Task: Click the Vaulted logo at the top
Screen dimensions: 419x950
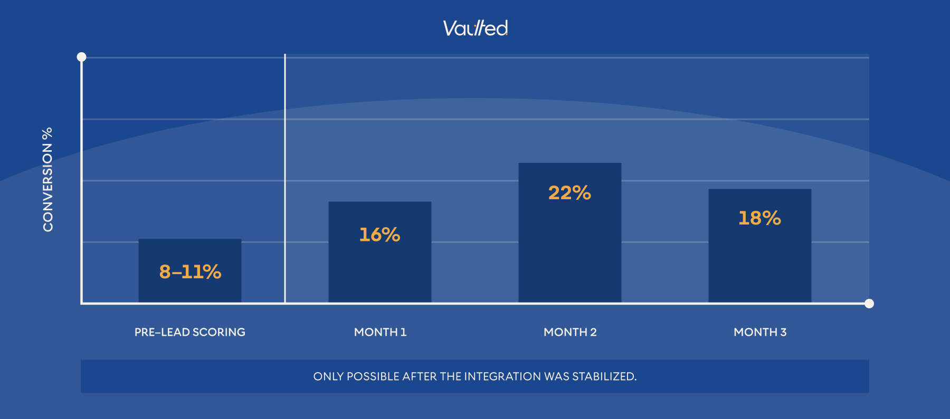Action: pyautogui.click(x=475, y=28)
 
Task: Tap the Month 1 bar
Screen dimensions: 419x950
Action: pyautogui.click(x=380, y=269)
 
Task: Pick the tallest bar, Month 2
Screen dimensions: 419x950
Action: pyautogui.click(x=570, y=248)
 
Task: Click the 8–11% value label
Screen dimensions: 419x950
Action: pyautogui.click(x=190, y=272)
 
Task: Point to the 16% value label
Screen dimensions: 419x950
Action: pyautogui.click(x=380, y=235)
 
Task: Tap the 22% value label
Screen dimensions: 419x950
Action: pyautogui.click(x=570, y=193)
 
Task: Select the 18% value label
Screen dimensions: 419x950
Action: pyautogui.click(x=760, y=218)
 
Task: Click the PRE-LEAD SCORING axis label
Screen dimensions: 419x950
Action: pyautogui.click(x=190, y=332)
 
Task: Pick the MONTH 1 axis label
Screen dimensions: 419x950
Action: pyautogui.click(x=380, y=332)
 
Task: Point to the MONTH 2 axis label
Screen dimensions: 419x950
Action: pyautogui.click(x=570, y=332)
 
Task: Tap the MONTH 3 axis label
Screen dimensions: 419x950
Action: pyautogui.click(x=760, y=332)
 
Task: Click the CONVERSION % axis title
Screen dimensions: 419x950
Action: pyautogui.click(x=48, y=179)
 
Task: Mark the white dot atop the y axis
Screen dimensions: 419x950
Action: pyautogui.click(x=81, y=57)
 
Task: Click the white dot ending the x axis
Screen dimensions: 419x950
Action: pyautogui.click(x=869, y=304)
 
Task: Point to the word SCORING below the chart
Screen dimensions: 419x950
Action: pyautogui.click(x=218, y=332)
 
